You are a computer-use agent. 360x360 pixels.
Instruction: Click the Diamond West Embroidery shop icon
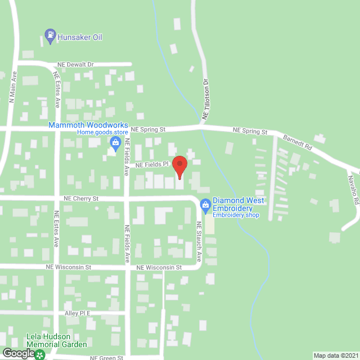206,205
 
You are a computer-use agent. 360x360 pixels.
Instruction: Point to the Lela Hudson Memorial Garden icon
40,354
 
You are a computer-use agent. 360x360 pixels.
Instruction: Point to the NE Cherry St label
81,199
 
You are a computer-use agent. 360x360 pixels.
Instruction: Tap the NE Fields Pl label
151,165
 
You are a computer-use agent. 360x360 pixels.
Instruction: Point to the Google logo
18,353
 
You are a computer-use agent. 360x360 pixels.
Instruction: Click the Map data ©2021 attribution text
335,355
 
